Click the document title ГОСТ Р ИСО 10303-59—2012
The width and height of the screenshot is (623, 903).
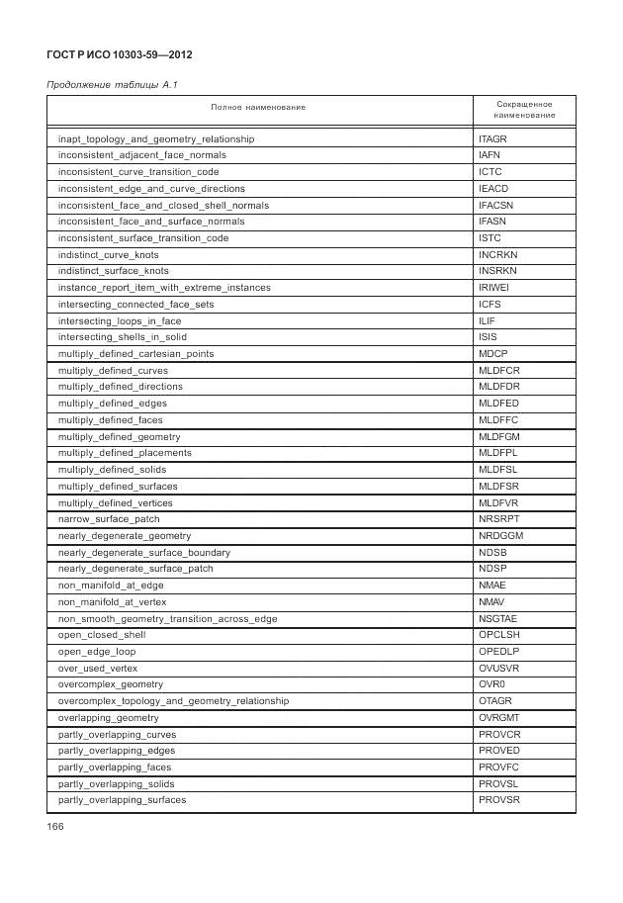pos(120,54)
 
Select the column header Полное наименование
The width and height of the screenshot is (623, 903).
pos(258,107)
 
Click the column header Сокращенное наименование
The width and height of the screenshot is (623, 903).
pos(524,109)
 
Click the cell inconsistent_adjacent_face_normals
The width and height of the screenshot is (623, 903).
pos(141,155)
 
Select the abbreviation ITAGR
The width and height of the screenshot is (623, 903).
pos(492,139)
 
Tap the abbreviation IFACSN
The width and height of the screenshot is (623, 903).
pos(495,206)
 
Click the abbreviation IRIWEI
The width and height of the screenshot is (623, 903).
pos(494,288)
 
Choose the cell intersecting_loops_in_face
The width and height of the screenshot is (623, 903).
pos(120,321)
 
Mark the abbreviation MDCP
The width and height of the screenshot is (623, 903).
pos(492,354)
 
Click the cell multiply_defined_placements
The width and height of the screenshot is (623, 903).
pos(125,453)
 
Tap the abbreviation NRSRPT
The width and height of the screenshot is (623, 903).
pos(498,519)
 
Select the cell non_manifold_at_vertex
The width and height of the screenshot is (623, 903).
pos(112,601)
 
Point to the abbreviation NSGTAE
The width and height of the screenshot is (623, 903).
pos(498,619)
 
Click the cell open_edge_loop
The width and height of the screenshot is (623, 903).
pos(97,652)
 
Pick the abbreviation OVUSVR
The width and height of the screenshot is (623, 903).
pos(498,669)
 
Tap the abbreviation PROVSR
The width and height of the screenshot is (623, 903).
pos(498,800)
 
